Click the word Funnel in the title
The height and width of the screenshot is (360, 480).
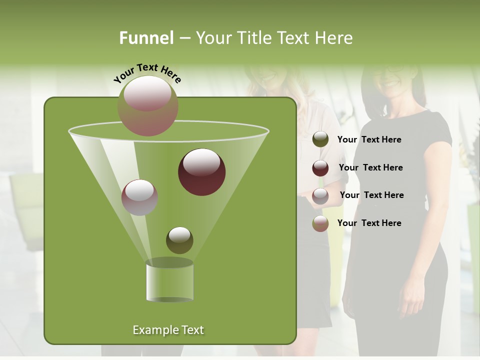coord(146,38)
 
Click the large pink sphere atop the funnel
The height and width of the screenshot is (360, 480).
coord(148,105)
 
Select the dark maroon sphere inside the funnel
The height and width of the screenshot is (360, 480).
coord(201,172)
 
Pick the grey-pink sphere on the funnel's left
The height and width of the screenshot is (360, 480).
coord(139,197)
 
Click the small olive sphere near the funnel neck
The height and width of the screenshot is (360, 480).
coord(179,240)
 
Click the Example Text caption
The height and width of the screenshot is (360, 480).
coord(168,330)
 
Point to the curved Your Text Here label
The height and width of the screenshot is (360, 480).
coord(147,73)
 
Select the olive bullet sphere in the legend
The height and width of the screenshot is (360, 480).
coord(320,139)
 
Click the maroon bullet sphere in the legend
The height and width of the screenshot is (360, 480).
coord(320,168)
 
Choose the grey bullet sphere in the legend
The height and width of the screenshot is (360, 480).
coord(320,196)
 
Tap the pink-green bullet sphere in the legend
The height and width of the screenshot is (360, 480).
coord(320,223)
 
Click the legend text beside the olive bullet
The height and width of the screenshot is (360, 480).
coord(369,139)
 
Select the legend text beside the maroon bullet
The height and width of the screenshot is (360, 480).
coord(370,167)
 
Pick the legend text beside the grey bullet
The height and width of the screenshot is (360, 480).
coord(371,195)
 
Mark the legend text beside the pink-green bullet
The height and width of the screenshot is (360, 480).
coord(369,223)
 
